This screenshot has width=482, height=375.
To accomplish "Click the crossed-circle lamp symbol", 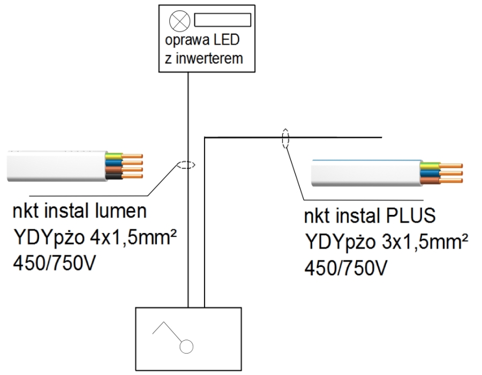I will coord(177,21).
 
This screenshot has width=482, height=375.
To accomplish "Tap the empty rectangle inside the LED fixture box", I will coord(222,20).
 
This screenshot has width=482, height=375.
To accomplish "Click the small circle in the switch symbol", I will coord(185,348).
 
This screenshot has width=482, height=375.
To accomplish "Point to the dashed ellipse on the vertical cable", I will coord(185,166).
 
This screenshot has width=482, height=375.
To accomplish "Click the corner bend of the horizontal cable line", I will coord(205,138).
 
